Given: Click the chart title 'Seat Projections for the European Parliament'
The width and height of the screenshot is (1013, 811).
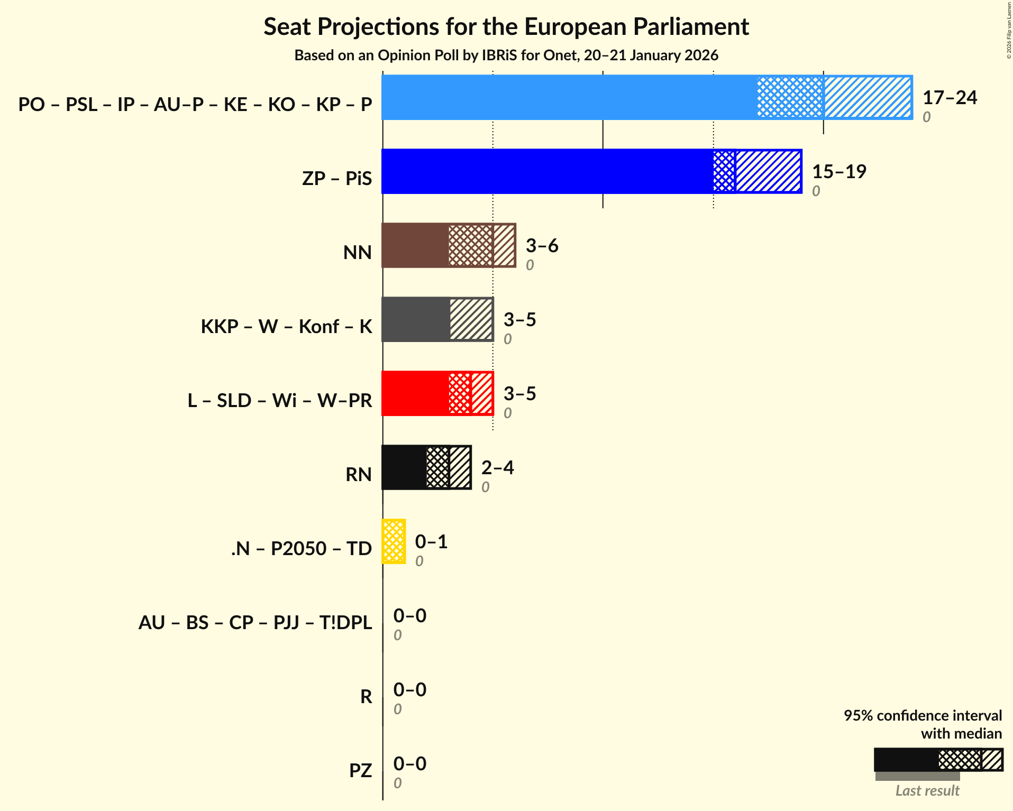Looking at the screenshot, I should (506, 27).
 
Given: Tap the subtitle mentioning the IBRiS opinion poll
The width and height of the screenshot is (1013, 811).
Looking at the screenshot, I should (506, 56).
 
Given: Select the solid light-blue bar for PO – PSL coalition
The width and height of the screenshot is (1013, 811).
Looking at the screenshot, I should (569, 97).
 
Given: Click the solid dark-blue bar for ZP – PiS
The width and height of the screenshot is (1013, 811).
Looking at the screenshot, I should (547, 171).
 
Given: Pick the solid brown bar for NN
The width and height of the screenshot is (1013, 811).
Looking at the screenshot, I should (415, 245).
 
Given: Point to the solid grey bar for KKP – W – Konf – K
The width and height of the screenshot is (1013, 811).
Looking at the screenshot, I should (416, 319).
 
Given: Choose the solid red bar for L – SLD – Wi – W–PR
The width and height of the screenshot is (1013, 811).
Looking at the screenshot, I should (415, 393).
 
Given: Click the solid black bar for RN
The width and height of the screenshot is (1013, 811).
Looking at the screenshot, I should (404, 467).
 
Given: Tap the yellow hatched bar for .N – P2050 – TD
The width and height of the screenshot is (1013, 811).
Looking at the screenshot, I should (394, 541).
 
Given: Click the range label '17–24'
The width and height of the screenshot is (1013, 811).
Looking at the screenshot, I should (950, 98).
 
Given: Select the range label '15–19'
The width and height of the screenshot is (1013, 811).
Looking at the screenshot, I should (839, 172).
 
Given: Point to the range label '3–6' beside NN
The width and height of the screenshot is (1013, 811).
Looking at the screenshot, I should (542, 246).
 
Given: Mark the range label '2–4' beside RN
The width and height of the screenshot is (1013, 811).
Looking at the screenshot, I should (497, 468).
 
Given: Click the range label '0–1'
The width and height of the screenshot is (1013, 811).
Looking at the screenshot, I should (431, 542).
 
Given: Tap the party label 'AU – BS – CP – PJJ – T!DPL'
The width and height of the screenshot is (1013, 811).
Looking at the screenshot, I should (255, 622).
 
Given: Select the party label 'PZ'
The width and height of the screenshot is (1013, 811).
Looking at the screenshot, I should (360, 770).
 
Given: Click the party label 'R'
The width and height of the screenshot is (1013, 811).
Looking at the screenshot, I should (366, 696).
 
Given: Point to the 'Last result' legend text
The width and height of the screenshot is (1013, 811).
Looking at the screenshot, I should (927, 791).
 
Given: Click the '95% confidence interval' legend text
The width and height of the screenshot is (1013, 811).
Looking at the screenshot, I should (923, 716).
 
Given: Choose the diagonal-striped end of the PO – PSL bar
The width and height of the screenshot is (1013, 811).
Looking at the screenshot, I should (868, 97).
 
